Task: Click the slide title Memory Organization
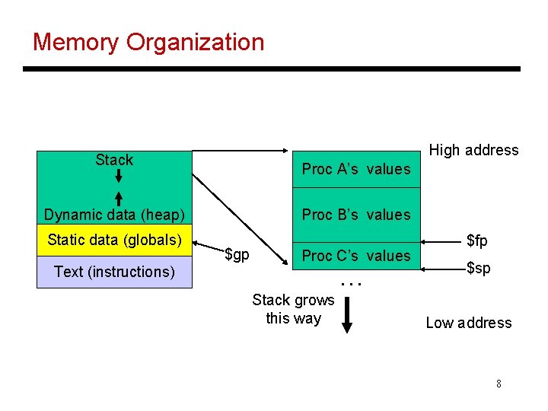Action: [148, 42]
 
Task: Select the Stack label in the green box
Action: [114, 160]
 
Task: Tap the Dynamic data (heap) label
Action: [114, 215]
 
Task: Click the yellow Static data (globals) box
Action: [114, 241]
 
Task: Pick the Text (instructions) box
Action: [114, 272]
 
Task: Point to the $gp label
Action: [237, 254]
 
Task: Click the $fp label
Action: [477, 241]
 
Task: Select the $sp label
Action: [478, 268]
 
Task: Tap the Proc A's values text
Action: [355, 169]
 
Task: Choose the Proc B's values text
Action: [355, 215]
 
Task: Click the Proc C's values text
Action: [355, 256]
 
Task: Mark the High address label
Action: [473, 150]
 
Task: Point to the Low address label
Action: [468, 323]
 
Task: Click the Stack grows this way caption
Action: [293, 309]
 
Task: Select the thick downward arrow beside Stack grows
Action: [347, 314]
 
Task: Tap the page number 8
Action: [499, 384]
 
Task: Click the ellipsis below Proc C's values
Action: [351, 283]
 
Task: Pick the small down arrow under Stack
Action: [119, 177]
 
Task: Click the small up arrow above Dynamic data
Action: [119, 197]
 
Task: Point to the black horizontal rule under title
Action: [271, 69]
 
